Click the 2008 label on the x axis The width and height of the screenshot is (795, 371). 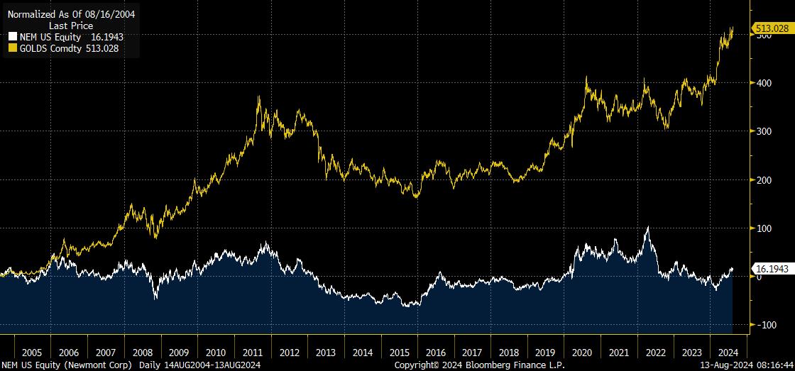pos(142,353)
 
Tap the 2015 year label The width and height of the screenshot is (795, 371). pos(400,353)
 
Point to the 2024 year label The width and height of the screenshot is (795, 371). pos(727,353)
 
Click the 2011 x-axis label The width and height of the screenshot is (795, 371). pos(253,353)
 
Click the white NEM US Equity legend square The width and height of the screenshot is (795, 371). pos(12,36)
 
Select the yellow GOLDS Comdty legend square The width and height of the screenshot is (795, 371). pos(12,48)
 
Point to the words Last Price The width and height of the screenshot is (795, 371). pos(71,25)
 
